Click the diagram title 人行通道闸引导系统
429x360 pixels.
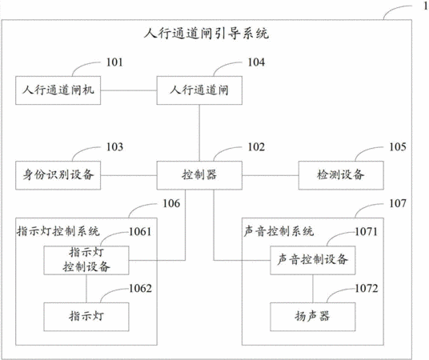pos(206,34)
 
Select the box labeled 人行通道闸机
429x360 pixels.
pos(58,90)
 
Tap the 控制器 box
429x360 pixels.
pos(199,175)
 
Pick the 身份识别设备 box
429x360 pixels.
pos(58,175)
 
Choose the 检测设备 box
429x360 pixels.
pos(341,175)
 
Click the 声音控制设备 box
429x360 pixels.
pos(313,260)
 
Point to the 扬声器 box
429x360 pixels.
pos(313,317)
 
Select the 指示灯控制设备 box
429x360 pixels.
pos(86,260)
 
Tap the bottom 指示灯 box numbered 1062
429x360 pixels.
pos(86,317)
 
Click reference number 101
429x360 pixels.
pos(114,62)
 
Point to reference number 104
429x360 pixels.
pos(256,62)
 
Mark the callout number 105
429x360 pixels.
pos(398,147)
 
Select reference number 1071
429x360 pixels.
pos(367,232)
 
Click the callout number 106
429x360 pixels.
pos(171,203)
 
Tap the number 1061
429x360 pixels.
pos(140,232)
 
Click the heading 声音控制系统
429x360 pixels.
pos(279,231)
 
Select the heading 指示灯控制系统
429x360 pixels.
pos(58,231)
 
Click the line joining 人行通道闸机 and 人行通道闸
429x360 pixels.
pos(129,90)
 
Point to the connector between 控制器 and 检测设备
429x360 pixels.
pos(271,175)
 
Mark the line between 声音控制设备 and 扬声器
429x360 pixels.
pos(313,289)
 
